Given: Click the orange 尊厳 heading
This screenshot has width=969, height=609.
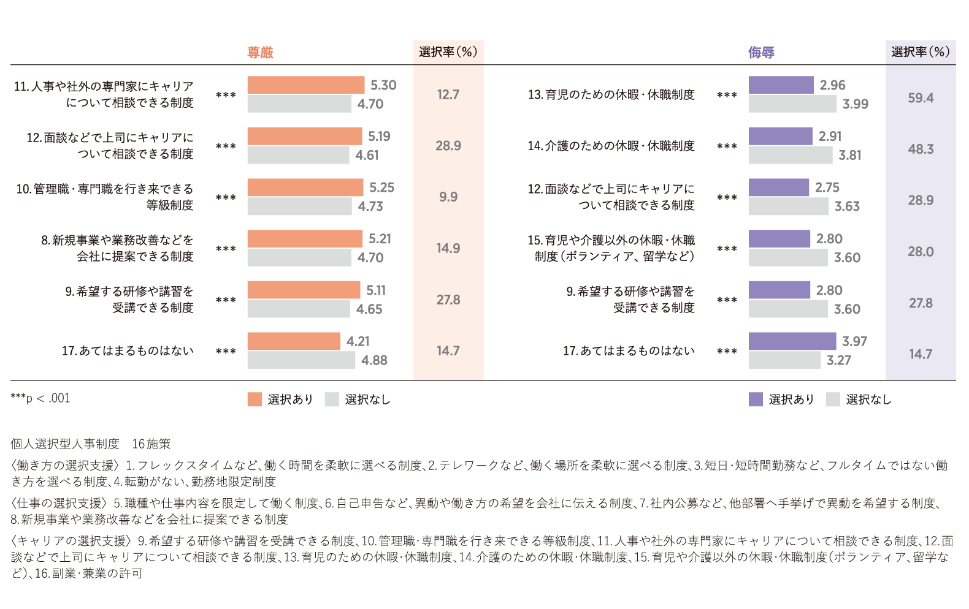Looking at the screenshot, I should [x=260, y=53].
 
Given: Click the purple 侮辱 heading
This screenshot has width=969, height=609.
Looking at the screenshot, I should [x=761, y=53].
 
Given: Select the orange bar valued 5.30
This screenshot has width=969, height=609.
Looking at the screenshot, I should [x=305, y=85].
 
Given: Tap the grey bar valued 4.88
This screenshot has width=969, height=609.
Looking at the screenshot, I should [x=301, y=360].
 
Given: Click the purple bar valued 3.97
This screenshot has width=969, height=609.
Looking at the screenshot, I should [x=792, y=341].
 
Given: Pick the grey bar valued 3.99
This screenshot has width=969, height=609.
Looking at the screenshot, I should [x=792, y=104].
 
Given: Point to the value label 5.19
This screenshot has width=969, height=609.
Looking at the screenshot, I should [x=379, y=137].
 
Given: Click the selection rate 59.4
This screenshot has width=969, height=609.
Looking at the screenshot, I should [x=921, y=98].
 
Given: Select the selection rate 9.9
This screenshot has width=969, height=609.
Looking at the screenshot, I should [x=448, y=197].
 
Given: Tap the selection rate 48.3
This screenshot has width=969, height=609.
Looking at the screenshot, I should [x=921, y=149].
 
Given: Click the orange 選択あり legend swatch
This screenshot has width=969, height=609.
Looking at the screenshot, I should [x=255, y=399].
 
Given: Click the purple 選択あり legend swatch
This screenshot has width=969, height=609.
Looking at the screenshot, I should [x=756, y=399].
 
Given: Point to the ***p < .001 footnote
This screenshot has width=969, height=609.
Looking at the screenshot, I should [x=40, y=399].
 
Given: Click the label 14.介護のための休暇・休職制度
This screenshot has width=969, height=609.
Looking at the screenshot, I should [x=611, y=146].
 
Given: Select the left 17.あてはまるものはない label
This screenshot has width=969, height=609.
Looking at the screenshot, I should [x=128, y=351].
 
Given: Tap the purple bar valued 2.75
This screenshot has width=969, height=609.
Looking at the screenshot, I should [x=778, y=187].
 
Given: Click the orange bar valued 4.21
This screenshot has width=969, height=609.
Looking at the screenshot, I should [x=294, y=341].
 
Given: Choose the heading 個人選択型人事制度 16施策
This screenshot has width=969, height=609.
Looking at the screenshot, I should [x=91, y=444].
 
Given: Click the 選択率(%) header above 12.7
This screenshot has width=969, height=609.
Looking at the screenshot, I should [x=448, y=52].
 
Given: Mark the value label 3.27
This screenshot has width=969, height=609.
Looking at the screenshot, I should [x=838, y=361].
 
